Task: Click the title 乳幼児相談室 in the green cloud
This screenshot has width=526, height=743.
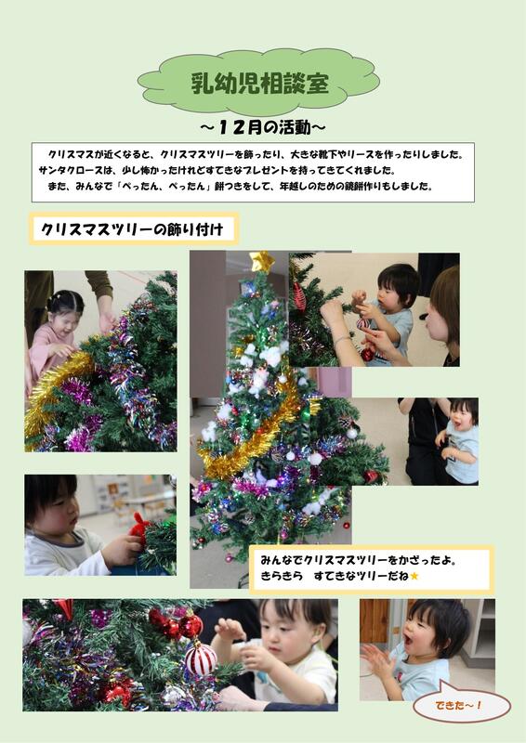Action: pos(259,84)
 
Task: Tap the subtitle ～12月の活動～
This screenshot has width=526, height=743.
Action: pos(262,127)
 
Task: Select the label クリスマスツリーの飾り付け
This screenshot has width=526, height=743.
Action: pos(132,229)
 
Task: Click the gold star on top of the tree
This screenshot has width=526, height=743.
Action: pos(262,262)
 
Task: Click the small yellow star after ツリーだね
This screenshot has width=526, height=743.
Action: pos(414,576)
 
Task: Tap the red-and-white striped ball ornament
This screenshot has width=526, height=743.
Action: pos(200,658)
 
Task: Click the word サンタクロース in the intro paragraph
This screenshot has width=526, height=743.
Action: pos(71,170)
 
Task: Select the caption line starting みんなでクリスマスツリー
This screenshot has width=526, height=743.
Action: pos(359,561)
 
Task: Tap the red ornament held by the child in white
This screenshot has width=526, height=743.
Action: pos(139,528)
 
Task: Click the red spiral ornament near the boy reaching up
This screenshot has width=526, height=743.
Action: pos(299,296)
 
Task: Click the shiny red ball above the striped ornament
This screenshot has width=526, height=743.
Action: pos(191,625)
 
